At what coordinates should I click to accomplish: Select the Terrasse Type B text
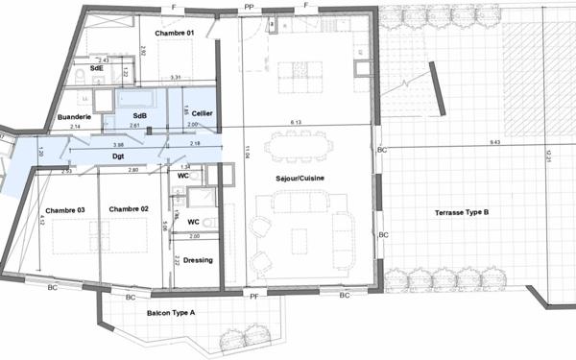point(463,211)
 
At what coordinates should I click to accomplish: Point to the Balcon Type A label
point(171,313)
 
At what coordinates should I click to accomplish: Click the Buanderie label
point(75,116)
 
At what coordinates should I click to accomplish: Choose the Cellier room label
point(202,113)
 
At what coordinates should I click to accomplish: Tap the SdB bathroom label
point(140,115)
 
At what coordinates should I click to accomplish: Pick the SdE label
point(97,69)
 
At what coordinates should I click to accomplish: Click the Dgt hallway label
point(118,156)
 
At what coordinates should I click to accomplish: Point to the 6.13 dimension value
point(297,123)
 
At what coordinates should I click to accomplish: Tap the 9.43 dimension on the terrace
point(494,143)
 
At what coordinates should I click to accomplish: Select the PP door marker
point(249,6)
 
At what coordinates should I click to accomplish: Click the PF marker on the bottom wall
point(254,296)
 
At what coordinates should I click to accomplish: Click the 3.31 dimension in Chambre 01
point(176,77)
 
